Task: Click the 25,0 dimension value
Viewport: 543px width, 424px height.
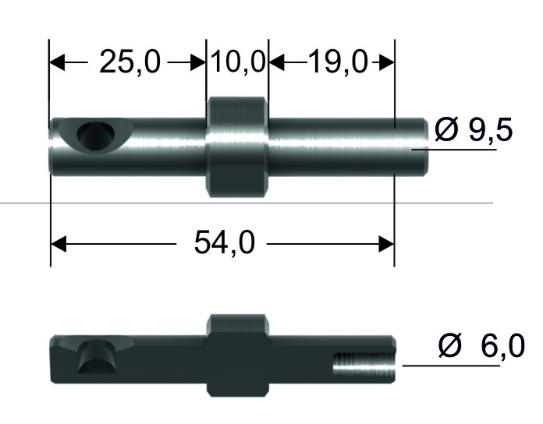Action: [x=130, y=62]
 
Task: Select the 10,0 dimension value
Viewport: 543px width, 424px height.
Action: [x=237, y=62]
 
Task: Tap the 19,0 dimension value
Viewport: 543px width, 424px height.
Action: [x=337, y=62]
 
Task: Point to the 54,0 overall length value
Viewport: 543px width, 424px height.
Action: [x=225, y=243]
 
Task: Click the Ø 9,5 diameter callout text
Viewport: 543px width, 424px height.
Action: [x=474, y=129]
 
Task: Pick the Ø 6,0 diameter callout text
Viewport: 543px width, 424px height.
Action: [x=481, y=345]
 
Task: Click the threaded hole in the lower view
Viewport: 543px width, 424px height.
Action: [x=364, y=365]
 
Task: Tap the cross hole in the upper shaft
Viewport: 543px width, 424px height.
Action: [x=95, y=135]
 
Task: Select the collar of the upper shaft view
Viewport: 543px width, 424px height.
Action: [x=237, y=147]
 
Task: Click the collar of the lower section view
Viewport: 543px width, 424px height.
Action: [x=237, y=355]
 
